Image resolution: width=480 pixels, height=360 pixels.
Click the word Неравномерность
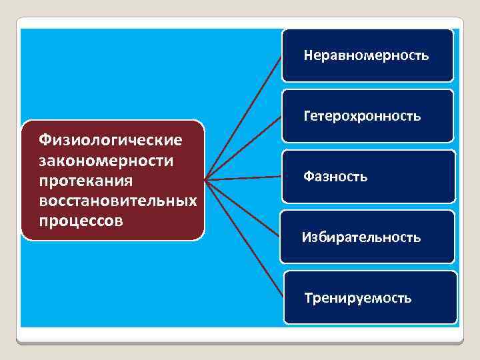click(x=366, y=55)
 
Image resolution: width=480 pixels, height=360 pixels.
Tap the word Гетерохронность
click(x=362, y=116)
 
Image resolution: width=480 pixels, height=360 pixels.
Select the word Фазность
click(x=335, y=177)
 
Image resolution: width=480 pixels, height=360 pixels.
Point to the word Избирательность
click(x=361, y=237)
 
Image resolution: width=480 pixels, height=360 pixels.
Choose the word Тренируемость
click(x=358, y=298)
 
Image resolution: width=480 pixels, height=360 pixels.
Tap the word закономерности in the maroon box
click(x=106, y=161)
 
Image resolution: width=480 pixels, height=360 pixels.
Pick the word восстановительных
click(x=118, y=201)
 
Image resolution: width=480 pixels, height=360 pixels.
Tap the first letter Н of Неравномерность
click(x=308, y=55)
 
